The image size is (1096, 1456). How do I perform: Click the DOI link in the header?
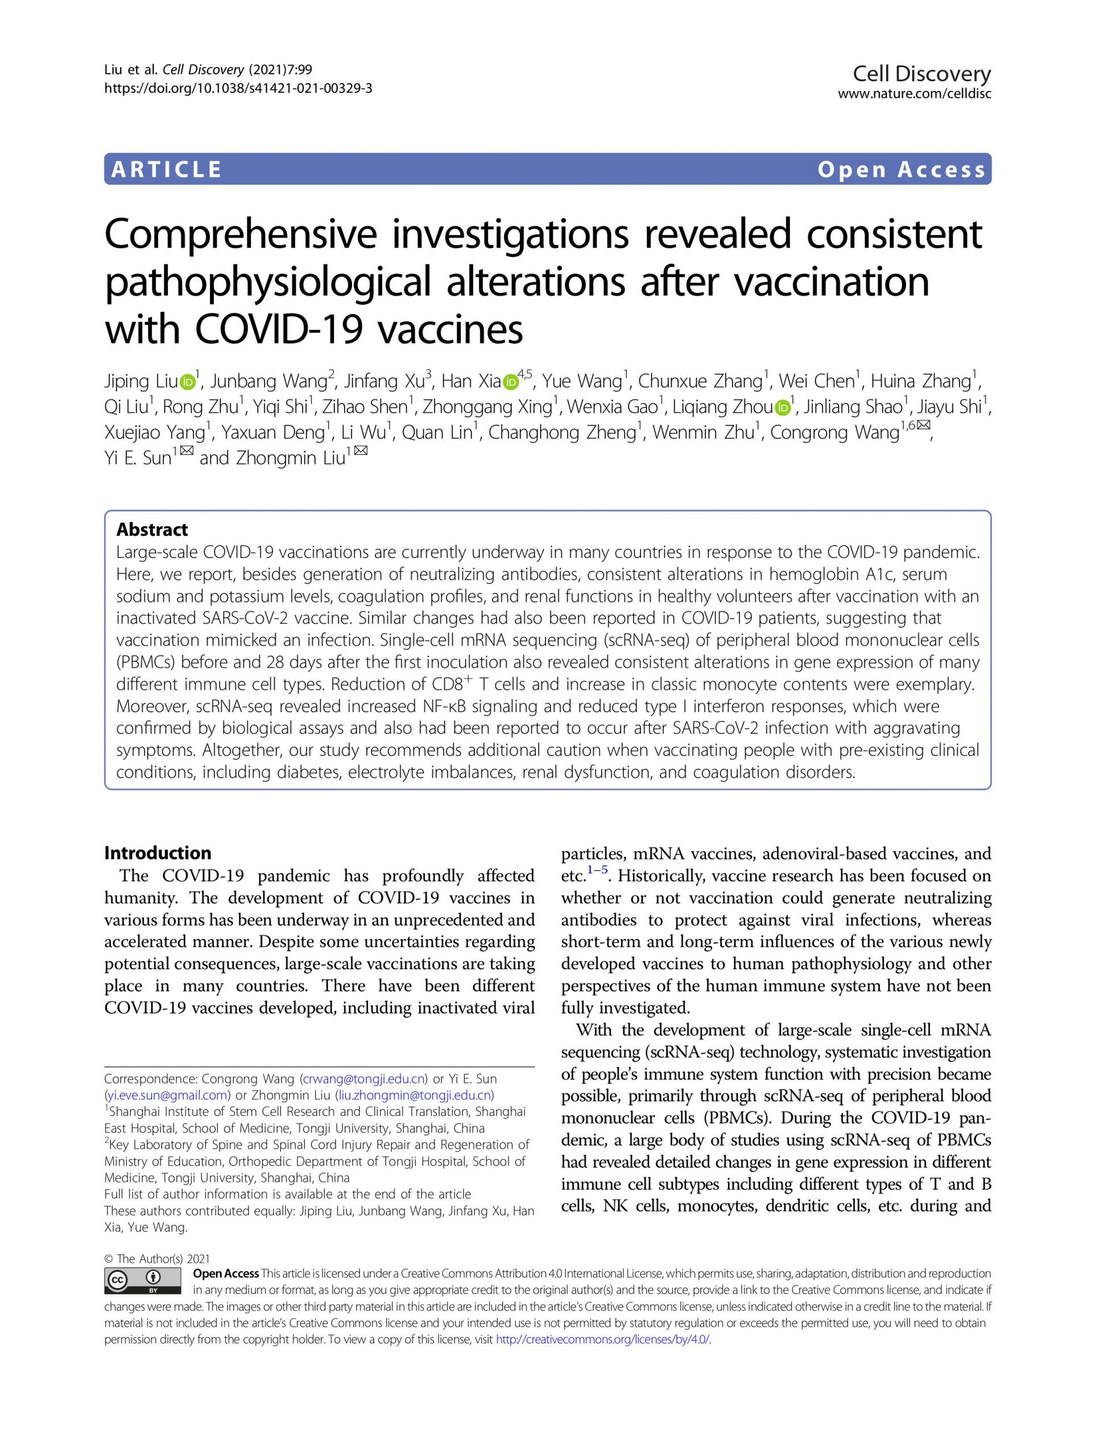point(238,88)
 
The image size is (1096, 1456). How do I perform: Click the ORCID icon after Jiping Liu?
point(188,381)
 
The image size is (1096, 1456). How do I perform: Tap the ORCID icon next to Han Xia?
point(511,381)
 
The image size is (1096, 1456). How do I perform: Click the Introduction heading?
point(158,853)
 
